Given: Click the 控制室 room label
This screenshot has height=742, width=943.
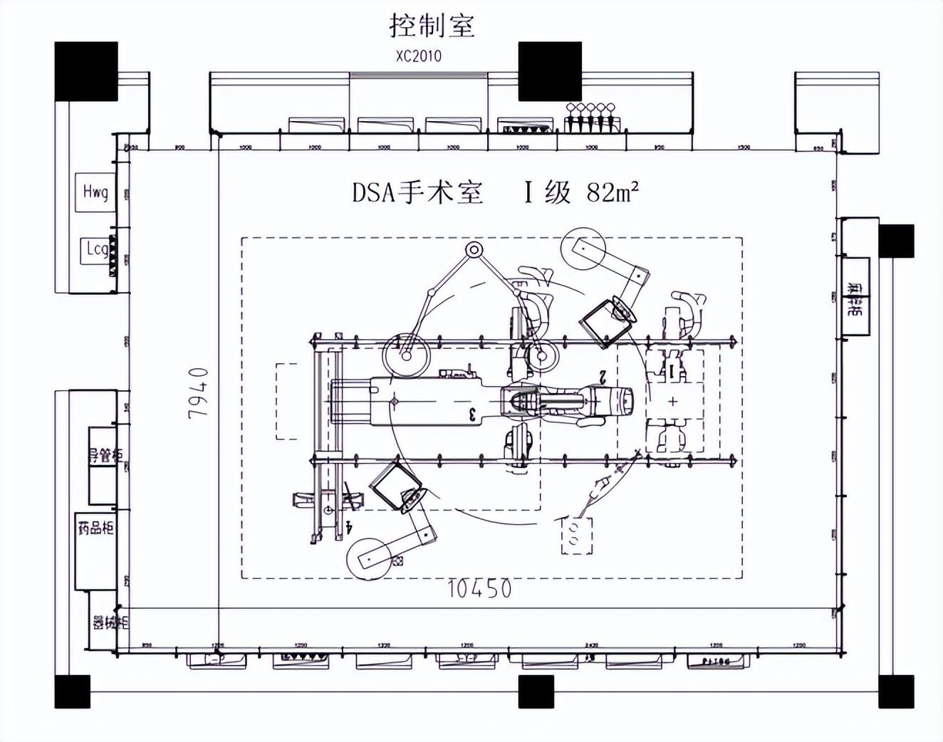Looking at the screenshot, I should pyautogui.click(x=432, y=26).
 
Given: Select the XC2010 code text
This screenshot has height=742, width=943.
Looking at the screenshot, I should pyautogui.click(x=419, y=56).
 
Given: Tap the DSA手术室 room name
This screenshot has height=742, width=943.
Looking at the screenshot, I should pyautogui.click(x=417, y=192).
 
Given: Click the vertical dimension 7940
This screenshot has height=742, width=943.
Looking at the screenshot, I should pyautogui.click(x=199, y=392).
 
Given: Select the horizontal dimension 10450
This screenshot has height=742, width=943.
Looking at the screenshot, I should pyautogui.click(x=479, y=589).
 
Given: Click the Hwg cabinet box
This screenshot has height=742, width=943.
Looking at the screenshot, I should pyautogui.click(x=95, y=192).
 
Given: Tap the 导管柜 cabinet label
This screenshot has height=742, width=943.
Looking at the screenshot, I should pyautogui.click(x=105, y=455).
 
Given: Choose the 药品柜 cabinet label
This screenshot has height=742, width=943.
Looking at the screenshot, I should pyautogui.click(x=95, y=528).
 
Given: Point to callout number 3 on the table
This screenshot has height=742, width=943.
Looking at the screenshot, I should pyautogui.click(x=472, y=414).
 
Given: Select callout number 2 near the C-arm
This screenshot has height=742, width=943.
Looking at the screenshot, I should pyautogui.click(x=603, y=377).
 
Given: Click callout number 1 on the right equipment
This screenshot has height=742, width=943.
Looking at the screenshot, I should pyautogui.click(x=671, y=370).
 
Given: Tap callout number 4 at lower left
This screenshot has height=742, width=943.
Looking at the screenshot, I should pyautogui.click(x=348, y=527).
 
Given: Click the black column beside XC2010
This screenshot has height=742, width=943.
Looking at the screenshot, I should pyautogui.click(x=549, y=71).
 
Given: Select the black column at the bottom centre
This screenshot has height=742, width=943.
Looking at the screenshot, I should pyautogui.click(x=536, y=691).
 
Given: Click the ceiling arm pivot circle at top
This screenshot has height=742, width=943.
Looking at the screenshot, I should pyautogui.click(x=474, y=250).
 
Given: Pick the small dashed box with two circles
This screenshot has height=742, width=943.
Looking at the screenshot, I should pyautogui.click(x=576, y=535).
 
